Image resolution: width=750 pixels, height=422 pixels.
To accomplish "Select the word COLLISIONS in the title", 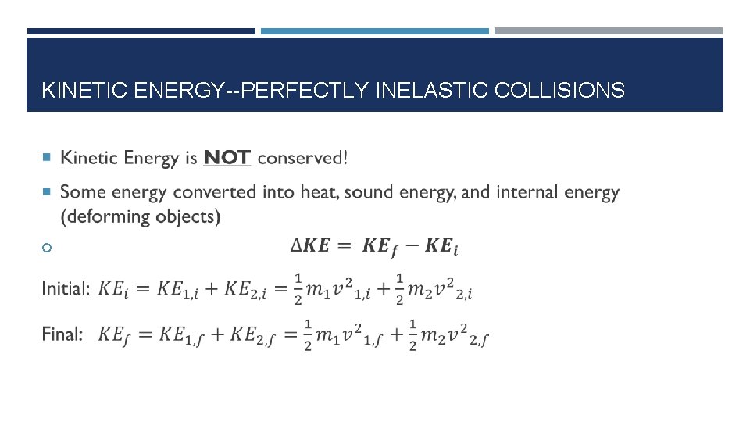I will coord(561,91).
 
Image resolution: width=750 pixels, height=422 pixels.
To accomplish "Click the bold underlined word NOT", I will coord(227,158).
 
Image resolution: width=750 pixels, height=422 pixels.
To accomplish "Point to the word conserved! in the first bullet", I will coord(302,158).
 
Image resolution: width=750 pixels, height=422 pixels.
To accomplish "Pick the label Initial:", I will coord(66,288).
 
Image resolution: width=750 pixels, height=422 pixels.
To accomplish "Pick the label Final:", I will coord(62,334).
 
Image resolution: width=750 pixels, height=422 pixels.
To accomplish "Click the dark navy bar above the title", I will coord(141,31).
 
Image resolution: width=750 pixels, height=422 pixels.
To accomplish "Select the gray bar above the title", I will coord(609,31).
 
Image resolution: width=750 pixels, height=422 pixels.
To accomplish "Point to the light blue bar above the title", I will coord(374,31).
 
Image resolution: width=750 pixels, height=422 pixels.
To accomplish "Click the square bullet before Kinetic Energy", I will coord(46,158).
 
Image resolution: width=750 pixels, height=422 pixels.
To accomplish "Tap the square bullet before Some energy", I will coord(46,192).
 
